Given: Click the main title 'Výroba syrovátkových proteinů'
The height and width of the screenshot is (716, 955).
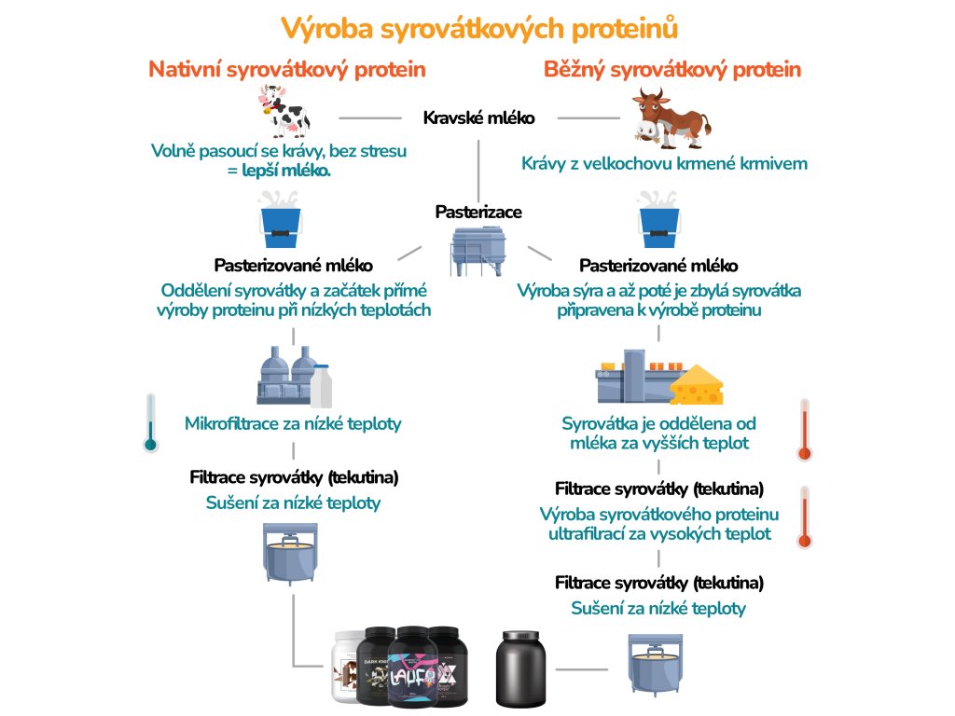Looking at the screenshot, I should pyautogui.click(x=478, y=28).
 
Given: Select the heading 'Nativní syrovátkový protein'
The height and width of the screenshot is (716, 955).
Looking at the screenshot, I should pyautogui.click(x=288, y=70).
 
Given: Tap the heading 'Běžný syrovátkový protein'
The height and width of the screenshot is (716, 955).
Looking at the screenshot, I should pyautogui.click(x=671, y=70).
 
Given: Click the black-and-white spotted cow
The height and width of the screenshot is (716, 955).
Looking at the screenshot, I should pyautogui.click(x=283, y=111).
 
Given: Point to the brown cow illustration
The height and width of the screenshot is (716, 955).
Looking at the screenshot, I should pyautogui.click(x=669, y=117).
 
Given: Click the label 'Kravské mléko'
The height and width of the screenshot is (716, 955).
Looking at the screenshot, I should pyautogui.click(x=478, y=118).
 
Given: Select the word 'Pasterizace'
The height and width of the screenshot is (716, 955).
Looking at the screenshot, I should pyautogui.click(x=478, y=213).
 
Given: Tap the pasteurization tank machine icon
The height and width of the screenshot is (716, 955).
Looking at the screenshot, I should pyautogui.click(x=477, y=252).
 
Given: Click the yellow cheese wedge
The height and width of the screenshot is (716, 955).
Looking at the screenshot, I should pyautogui.click(x=697, y=382).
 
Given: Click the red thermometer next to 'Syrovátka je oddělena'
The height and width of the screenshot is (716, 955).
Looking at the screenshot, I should pyautogui.click(x=805, y=430).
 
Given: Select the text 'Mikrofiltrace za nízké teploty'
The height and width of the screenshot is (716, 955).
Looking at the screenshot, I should pyautogui.click(x=294, y=424).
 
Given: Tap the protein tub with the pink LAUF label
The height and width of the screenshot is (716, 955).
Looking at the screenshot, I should pyautogui.click(x=419, y=669).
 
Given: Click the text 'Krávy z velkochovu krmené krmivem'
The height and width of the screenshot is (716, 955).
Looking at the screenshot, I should pyautogui.click(x=664, y=164).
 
